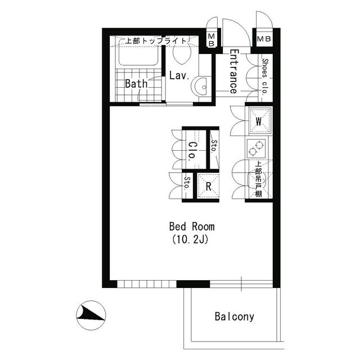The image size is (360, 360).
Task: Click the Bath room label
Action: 136,84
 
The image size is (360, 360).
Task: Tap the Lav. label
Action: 178,75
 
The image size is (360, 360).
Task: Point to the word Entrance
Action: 233,71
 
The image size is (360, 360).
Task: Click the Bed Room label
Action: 192,227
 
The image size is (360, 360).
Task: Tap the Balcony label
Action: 234,316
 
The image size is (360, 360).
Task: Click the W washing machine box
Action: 259,120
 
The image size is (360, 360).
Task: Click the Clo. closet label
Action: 191,150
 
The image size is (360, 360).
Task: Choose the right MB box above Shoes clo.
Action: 263,39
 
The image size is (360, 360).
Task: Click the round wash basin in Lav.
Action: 201,86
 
